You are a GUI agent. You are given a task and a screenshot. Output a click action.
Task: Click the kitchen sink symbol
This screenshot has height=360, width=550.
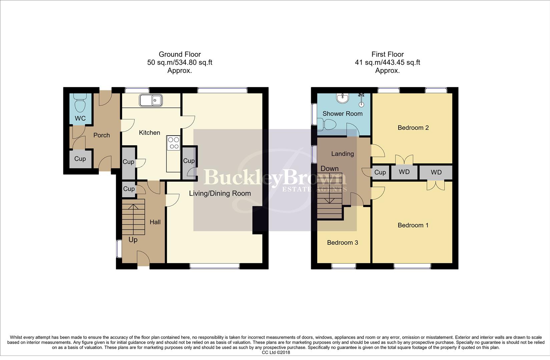pyautogui.click(x=151, y=100)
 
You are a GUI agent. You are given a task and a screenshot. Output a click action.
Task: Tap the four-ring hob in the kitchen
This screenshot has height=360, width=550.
pyautogui.click(x=173, y=143)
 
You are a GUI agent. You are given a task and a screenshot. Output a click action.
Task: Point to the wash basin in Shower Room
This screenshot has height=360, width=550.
pyautogui.click(x=342, y=98)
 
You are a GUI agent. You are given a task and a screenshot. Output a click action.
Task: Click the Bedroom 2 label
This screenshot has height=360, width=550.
pyautogui.click(x=413, y=128)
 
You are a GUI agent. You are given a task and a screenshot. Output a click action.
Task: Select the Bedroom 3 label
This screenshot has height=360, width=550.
pyautogui.click(x=343, y=243)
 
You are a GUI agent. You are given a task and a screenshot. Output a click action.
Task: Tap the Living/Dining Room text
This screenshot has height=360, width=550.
pyautogui.click(x=220, y=193)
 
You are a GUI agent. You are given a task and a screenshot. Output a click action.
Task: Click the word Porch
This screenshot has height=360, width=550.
pyautogui.click(x=101, y=135)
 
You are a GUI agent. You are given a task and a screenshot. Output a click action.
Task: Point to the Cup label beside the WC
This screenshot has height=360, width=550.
pyautogui.click(x=80, y=159)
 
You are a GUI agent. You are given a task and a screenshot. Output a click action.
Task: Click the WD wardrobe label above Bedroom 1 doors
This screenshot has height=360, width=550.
pyautogui.click(x=436, y=172)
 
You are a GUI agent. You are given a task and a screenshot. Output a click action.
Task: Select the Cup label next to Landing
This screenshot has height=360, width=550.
pyautogui.click(x=380, y=172)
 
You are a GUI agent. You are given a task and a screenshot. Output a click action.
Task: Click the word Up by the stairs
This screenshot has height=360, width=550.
pyautogui.click(x=133, y=240)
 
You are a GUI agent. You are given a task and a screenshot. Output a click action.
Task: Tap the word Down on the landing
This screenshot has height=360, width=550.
pyautogui.click(x=330, y=169)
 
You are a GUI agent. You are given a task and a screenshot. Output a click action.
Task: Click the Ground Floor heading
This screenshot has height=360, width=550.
pyautogui.click(x=180, y=54)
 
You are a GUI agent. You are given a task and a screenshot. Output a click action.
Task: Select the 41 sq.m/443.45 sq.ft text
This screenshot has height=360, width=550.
pyautogui.click(x=387, y=62)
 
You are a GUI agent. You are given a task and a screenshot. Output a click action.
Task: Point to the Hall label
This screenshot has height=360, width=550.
pyautogui.click(x=155, y=222)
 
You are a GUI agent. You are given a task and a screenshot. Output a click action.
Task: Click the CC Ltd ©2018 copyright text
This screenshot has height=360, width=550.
pyautogui.click(x=276, y=352)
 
